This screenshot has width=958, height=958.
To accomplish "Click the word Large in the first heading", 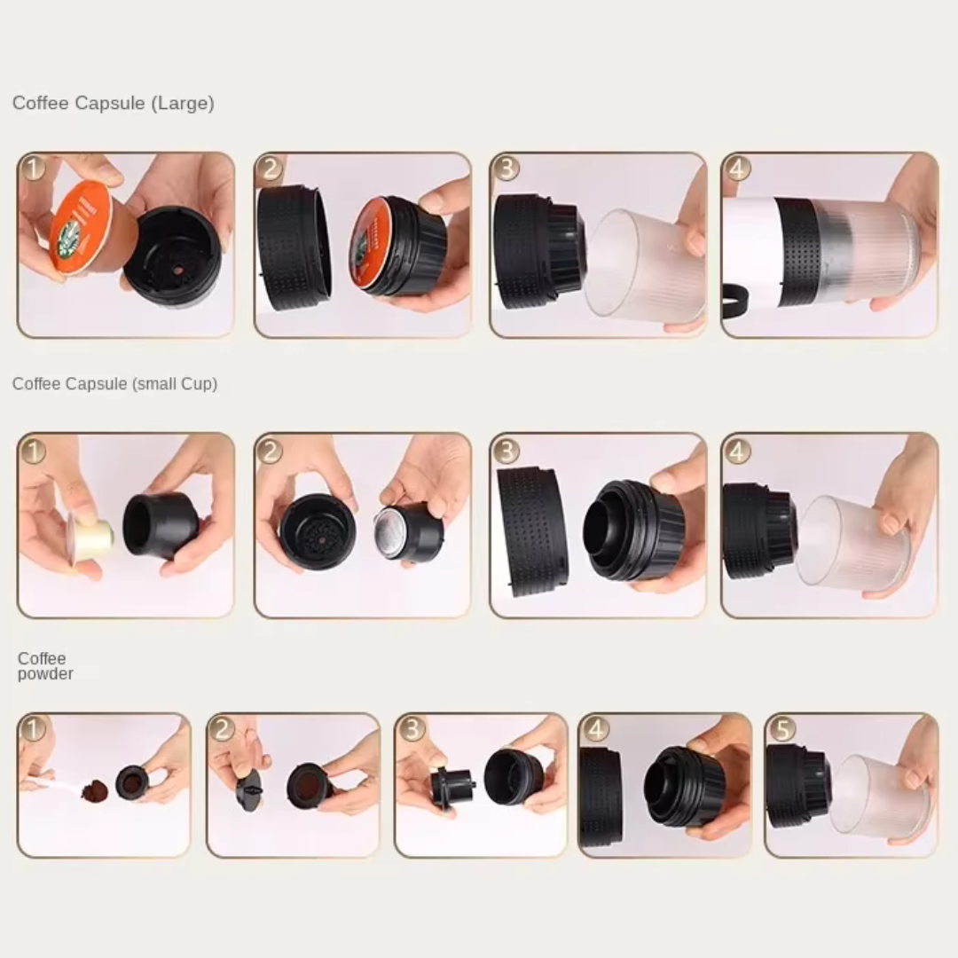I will [183, 104].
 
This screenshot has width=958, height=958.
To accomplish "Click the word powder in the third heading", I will [45, 674].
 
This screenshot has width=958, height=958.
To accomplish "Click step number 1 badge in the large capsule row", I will [33, 168].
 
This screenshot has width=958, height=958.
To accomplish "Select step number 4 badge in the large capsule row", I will [736, 168].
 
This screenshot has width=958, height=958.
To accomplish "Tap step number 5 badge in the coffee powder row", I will [781, 729].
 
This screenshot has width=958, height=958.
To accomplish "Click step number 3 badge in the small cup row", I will [506, 451].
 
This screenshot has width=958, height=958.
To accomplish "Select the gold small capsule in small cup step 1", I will [91, 537].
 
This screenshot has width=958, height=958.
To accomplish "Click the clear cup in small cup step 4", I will [847, 541].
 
